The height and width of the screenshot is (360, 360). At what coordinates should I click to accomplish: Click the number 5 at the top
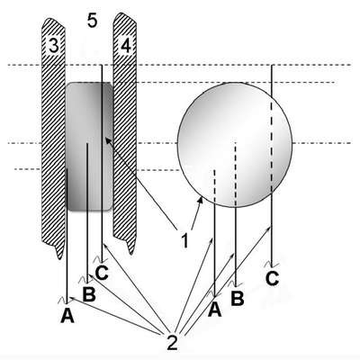pyautogui.click(x=93, y=21)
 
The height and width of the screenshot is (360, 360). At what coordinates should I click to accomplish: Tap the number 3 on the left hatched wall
pyautogui.click(x=54, y=46)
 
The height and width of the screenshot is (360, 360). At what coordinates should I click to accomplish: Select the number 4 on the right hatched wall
pyautogui.click(x=126, y=46)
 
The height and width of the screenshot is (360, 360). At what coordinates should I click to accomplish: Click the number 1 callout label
pyautogui.click(x=184, y=240)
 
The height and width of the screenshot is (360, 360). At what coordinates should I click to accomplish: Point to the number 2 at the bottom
pyautogui.click(x=172, y=343)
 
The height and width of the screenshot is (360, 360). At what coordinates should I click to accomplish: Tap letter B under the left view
pyautogui.click(x=89, y=294)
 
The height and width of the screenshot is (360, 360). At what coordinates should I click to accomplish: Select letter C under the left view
pyautogui.click(x=102, y=273)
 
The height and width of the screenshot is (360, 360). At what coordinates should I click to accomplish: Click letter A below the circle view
pyautogui.click(x=215, y=310)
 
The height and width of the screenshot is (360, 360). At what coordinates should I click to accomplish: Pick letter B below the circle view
pyautogui.click(x=238, y=299)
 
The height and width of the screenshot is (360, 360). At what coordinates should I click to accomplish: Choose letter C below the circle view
pyautogui.click(x=272, y=278)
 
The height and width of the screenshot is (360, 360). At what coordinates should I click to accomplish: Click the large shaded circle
pyautogui.click(x=235, y=145)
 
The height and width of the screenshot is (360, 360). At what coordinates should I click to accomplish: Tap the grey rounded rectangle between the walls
pyautogui.click(x=89, y=147)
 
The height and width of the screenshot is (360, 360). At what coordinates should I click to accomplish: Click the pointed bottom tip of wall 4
pyautogui.click(x=131, y=254)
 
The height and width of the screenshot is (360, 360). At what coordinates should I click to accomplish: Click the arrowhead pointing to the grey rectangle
pyautogui.click(x=106, y=139)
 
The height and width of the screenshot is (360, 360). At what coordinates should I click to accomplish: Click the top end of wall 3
pyautogui.click(x=50, y=19)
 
